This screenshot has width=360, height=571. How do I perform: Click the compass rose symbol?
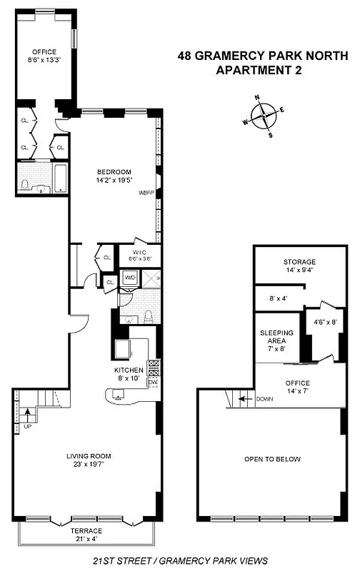tap(266, 114)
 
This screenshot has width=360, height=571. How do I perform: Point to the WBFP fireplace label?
tap(147, 192)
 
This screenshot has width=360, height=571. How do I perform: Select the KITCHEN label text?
tap(129, 370)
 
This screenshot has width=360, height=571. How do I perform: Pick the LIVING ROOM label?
tap(89, 455)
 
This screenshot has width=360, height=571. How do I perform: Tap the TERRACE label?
tap(86, 530)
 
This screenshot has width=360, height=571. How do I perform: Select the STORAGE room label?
tap(299, 262)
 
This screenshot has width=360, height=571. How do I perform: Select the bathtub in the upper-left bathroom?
tap(60, 178)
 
